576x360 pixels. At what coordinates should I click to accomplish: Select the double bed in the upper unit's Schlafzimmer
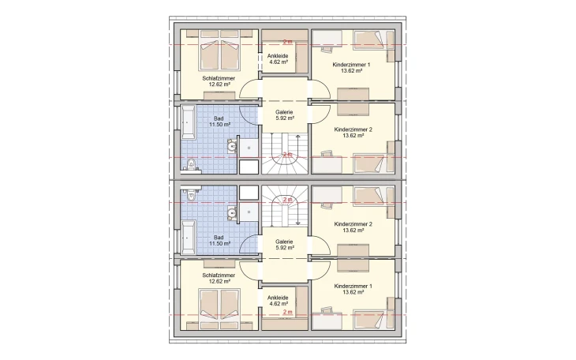(220, 52)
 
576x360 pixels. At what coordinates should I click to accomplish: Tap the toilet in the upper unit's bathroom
(191, 164)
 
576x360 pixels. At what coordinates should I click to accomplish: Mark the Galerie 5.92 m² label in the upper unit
(285, 116)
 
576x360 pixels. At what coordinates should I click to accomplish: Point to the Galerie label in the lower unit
(285, 242)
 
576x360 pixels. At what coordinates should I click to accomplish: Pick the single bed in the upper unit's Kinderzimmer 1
(371, 41)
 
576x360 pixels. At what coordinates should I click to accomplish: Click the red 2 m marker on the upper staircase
(287, 155)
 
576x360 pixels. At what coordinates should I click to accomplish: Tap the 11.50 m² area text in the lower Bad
(219, 244)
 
